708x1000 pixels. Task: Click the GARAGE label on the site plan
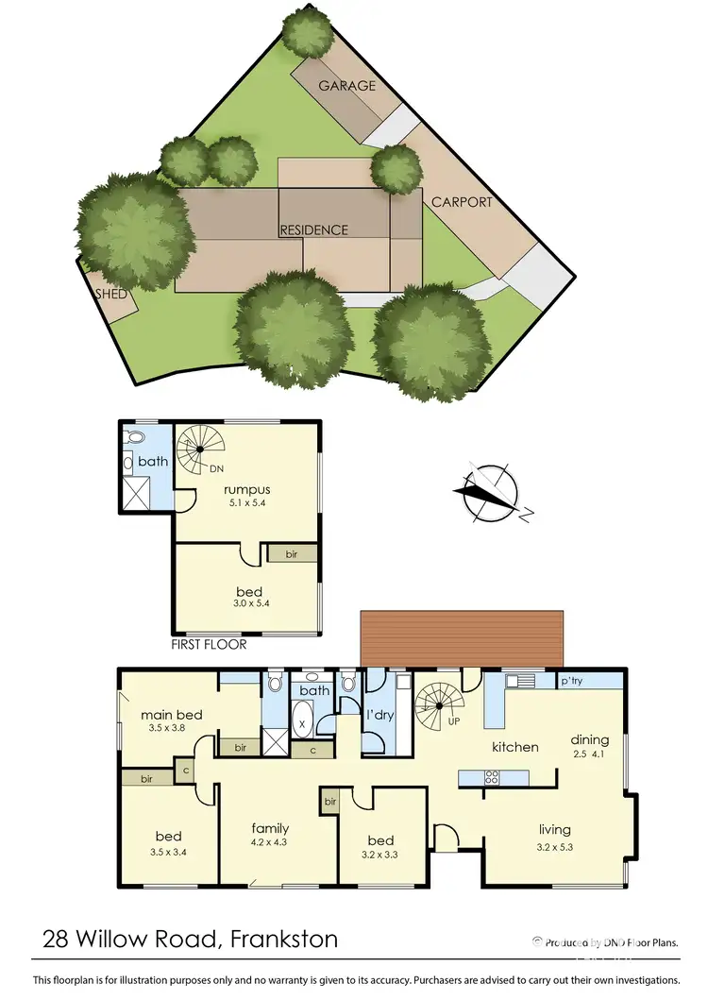[346, 86]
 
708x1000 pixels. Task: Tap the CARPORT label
[462, 202]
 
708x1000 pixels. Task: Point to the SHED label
[111, 294]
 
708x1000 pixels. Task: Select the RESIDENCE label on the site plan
[313, 229]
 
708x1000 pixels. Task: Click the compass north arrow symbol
[489, 493]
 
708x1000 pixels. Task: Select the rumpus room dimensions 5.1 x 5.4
[247, 502]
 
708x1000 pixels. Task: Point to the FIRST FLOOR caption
[209, 645]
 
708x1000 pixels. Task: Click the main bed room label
[171, 715]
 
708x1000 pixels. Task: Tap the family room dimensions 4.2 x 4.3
[269, 841]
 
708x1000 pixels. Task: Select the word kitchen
[515, 747]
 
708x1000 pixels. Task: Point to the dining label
[589, 739]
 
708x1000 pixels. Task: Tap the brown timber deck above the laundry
[462, 637]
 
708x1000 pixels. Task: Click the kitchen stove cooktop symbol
[492, 778]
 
